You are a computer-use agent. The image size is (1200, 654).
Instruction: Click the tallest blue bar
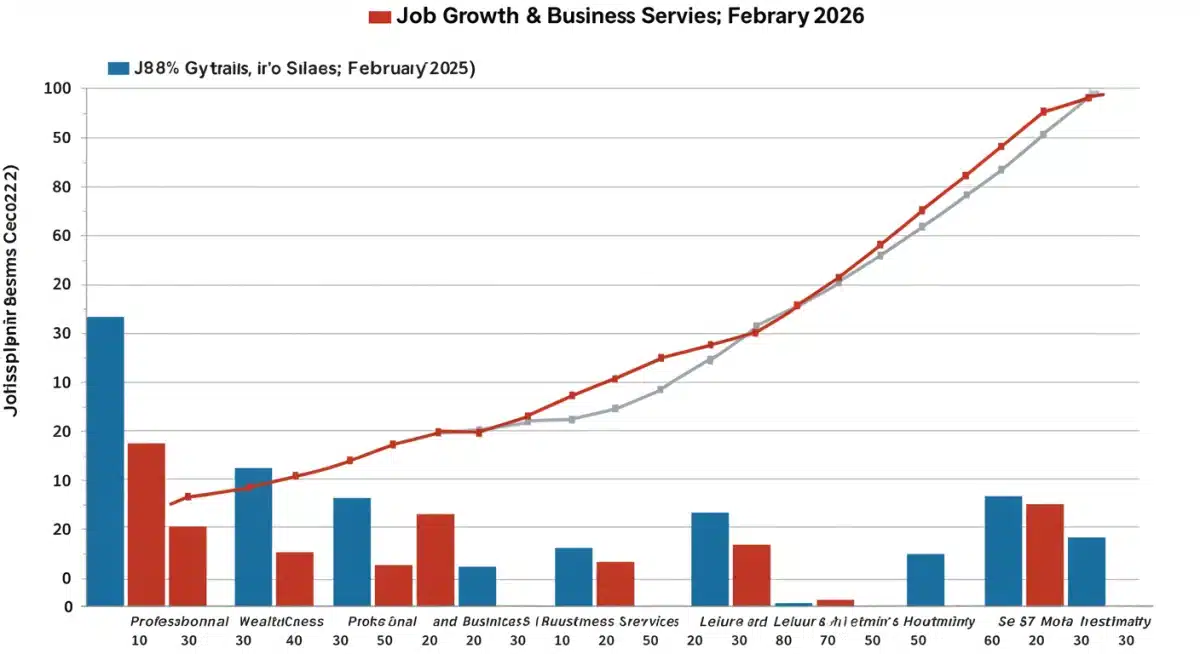pyautogui.click(x=105, y=461)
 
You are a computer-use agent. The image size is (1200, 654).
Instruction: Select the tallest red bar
pyautogui.click(x=146, y=524)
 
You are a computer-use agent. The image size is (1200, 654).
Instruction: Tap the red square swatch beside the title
pyautogui.click(x=379, y=17)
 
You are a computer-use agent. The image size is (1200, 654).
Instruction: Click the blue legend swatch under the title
pyautogui.click(x=118, y=68)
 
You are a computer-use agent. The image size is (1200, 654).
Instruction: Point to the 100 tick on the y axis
pyautogui.click(x=57, y=89)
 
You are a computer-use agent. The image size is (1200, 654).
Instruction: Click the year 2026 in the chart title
pyautogui.click(x=832, y=17)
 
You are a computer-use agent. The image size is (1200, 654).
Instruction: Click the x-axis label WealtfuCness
pyautogui.click(x=282, y=621)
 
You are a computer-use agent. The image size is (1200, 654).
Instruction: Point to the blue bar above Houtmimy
pyautogui.click(x=925, y=579)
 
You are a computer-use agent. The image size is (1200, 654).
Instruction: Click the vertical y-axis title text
pyautogui.click(x=14, y=290)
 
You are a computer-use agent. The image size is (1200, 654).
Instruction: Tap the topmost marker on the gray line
pyautogui.click(x=1093, y=93)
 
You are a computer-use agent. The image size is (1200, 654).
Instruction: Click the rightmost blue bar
pyautogui.click(x=1086, y=571)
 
